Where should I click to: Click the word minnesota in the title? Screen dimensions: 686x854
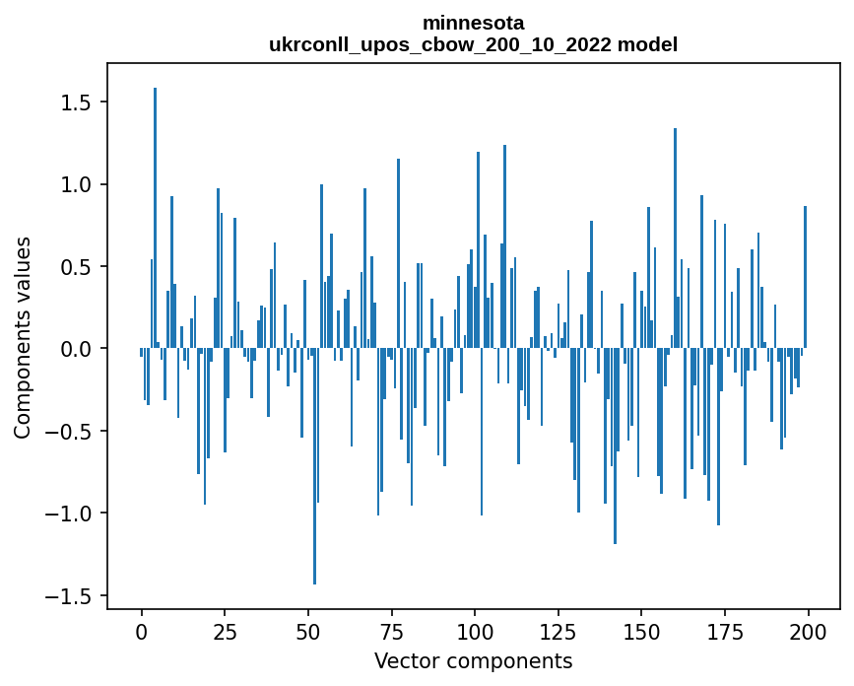[x=473, y=22]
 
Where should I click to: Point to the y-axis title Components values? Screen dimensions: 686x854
[x=23, y=337]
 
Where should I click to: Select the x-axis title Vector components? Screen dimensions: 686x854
[x=473, y=660]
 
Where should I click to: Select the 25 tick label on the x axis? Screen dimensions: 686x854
[x=225, y=630]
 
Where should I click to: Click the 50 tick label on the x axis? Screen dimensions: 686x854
[x=308, y=630]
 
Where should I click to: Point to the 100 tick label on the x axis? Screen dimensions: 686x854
[x=475, y=630]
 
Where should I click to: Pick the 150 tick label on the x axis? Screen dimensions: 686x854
[x=641, y=630]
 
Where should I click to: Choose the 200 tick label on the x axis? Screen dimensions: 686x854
[x=808, y=630]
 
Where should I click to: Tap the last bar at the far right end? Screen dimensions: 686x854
[x=805, y=277]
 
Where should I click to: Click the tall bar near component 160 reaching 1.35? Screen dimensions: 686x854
[x=675, y=237]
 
